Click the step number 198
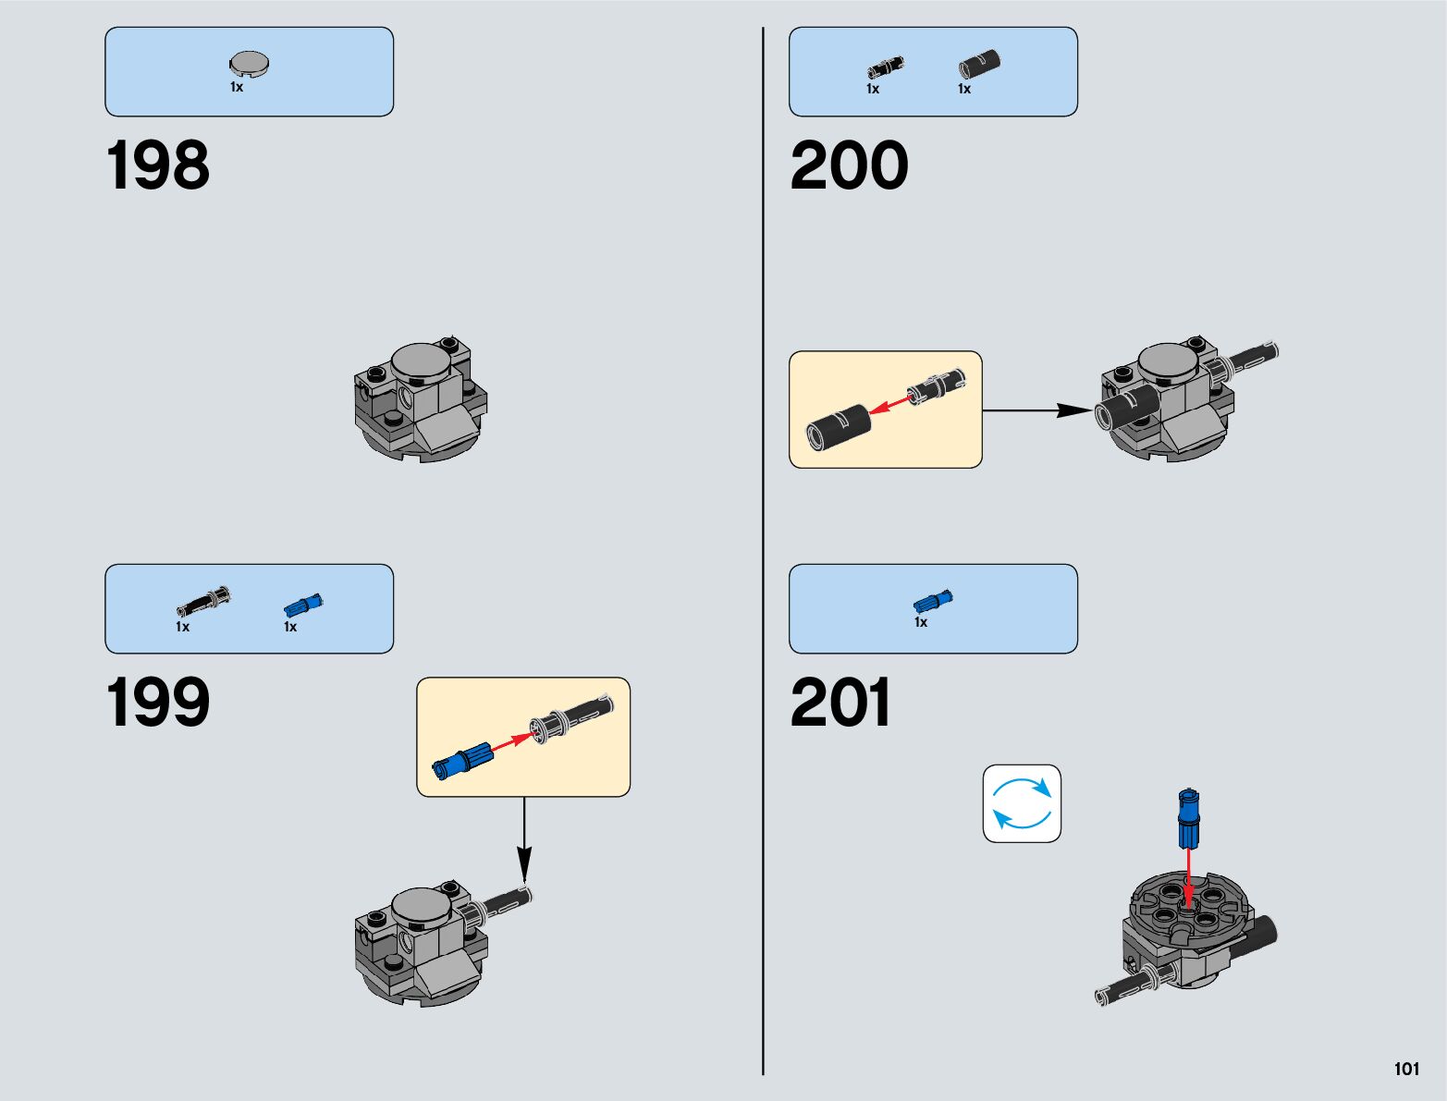click(158, 166)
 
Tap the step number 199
click(158, 703)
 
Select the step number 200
click(849, 166)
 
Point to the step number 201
click(840, 703)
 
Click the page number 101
click(1406, 1069)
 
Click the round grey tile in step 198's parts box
click(249, 63)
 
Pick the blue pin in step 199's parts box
click(302, 606)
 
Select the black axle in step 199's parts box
click(203, 602)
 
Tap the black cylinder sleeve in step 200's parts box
click(979, 65)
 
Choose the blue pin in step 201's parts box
click(933, 602)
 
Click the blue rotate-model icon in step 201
click(1022, 803)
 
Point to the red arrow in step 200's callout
click(889, 404)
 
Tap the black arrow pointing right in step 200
click(1037, 410)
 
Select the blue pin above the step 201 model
click(1188, 819)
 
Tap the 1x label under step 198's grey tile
click(237, 87)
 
